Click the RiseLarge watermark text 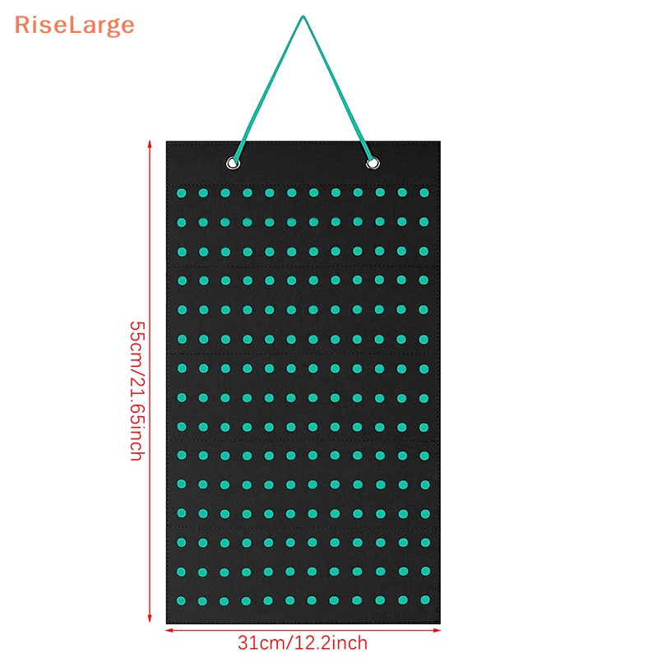pyautogui.click(x=74, y=25)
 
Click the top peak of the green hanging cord pyautogui.click(x=303, y=17)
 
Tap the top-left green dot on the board pyautogui.click(x=181, y=192)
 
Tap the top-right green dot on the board pyautogui.click(x=424, y=192)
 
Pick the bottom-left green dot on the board pyautogui.click(x=181, y=600)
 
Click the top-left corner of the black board pyautogui.click(x=167, y=141)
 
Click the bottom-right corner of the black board pyautogui.click(x=440, y=623)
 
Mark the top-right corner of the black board pyautogui.click(x=440, y=141)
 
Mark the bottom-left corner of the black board pyautogui.click(x=167, y=623)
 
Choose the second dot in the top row pyautogui.click(x=203, y=192)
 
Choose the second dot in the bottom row pyautogui.click(x=203, y=600)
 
